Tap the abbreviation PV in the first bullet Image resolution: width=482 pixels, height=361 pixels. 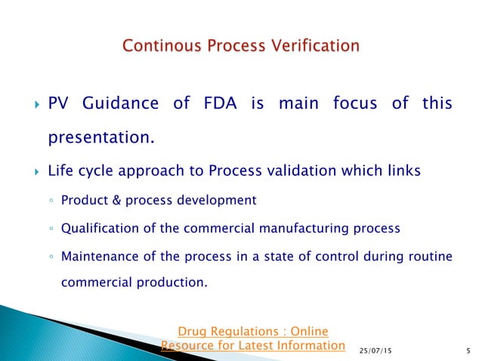[x=59, y=104]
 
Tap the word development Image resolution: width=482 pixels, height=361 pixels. [x=218, y=200]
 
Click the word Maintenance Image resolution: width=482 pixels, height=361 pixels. [x=97, y=256]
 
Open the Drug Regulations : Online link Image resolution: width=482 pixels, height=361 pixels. [x=252, y=331]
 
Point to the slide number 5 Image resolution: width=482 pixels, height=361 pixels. [x=468, y=351]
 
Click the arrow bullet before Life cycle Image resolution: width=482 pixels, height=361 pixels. [x=29, y=171]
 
